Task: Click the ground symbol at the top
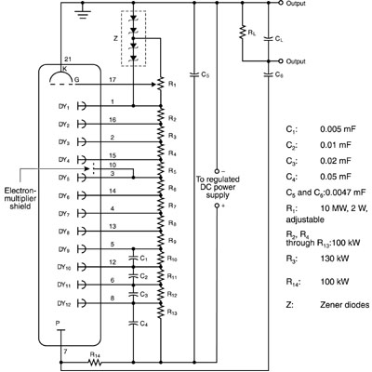[83, 14]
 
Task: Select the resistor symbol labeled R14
[95, 362]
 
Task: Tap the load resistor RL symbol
[243, 33]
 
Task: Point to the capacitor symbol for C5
[194, 74]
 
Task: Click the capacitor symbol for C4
[134, 324]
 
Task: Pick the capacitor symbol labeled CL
[268, 39]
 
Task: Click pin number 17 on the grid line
[113, 80]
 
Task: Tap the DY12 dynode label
[64, 303]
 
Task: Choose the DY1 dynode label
[63, 106]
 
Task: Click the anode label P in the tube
[58, 324]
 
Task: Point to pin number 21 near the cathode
[68, 60]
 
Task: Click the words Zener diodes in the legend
[345, 305]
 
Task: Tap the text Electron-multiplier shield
[20, 198]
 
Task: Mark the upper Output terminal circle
[281, 3]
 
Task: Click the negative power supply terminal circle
[217, 171]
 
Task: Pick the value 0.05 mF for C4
[336, 177]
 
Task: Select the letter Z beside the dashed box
[115, 39]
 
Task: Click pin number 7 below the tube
[65, 352]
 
